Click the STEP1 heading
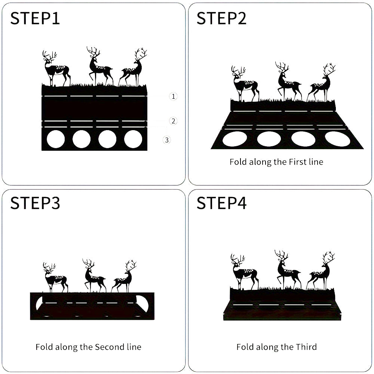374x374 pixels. [x=35, y=18]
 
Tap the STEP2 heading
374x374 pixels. [x=221, y=18]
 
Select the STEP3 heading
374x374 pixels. [x=35, y=203]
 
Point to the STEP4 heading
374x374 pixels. [x=221, y=203]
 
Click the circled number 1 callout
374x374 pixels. [x=173, y=96]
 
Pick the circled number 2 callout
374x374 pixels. [x=173, y=121]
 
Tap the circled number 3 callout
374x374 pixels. [x=167, y=140]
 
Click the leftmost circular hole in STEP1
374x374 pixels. [x=56, y=139]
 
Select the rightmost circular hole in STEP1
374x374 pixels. [x=133, y=139]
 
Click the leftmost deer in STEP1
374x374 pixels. [x=56, y=68]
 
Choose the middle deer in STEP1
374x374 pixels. [x=99, y=66]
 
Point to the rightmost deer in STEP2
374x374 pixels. [x=321, y=83]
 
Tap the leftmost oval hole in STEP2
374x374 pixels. [x=234, y=139]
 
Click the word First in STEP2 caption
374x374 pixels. [x=298, y=162]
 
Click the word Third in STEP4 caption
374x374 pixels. [x=306, y=347]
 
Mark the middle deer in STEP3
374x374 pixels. [x=94, y=276]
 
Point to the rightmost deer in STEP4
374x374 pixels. [x=321, y=270]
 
